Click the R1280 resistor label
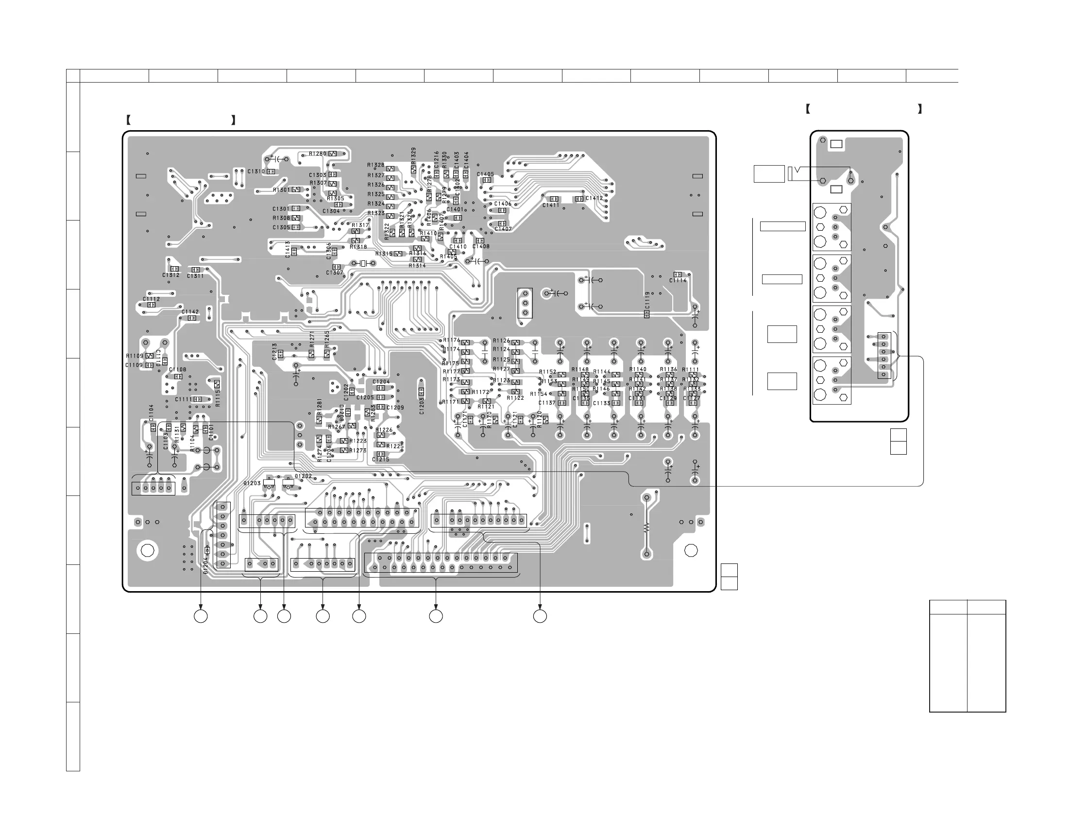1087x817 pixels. [317, 154]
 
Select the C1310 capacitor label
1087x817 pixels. [256, 171]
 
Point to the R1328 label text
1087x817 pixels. [376, 165]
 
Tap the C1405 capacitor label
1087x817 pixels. [486, 174]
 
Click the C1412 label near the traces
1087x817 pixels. [594, 198]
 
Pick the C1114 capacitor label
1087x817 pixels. [678, 281]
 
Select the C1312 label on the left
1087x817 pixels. [171, 275]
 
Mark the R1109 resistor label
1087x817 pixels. [134, 356]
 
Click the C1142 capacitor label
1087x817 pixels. [190, 312]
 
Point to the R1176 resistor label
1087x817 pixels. [452, 340]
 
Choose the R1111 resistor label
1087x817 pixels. [691, 370]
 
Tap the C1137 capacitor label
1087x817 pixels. [546, 403]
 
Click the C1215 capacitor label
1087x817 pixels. [381, 460]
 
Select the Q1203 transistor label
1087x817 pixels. [252, 483]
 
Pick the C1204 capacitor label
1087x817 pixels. [381, 381]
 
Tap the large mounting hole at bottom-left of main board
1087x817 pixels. [148, 550]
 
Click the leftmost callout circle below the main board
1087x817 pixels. [201, 616]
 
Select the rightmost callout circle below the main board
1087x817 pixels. [540, 616]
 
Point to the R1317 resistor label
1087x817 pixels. [360, 225]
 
